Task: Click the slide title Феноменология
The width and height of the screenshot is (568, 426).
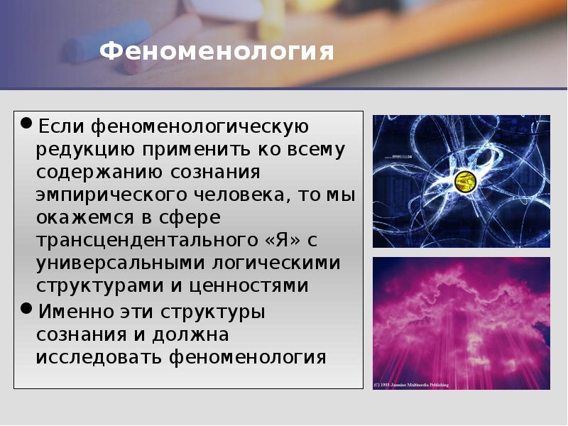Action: click(x=217, y=52)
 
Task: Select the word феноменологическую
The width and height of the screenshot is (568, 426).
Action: click(x=201, y=128)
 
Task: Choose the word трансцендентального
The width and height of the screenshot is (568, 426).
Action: click(x=143, y=241)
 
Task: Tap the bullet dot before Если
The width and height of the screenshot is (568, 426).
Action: click(x=26, y=125)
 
